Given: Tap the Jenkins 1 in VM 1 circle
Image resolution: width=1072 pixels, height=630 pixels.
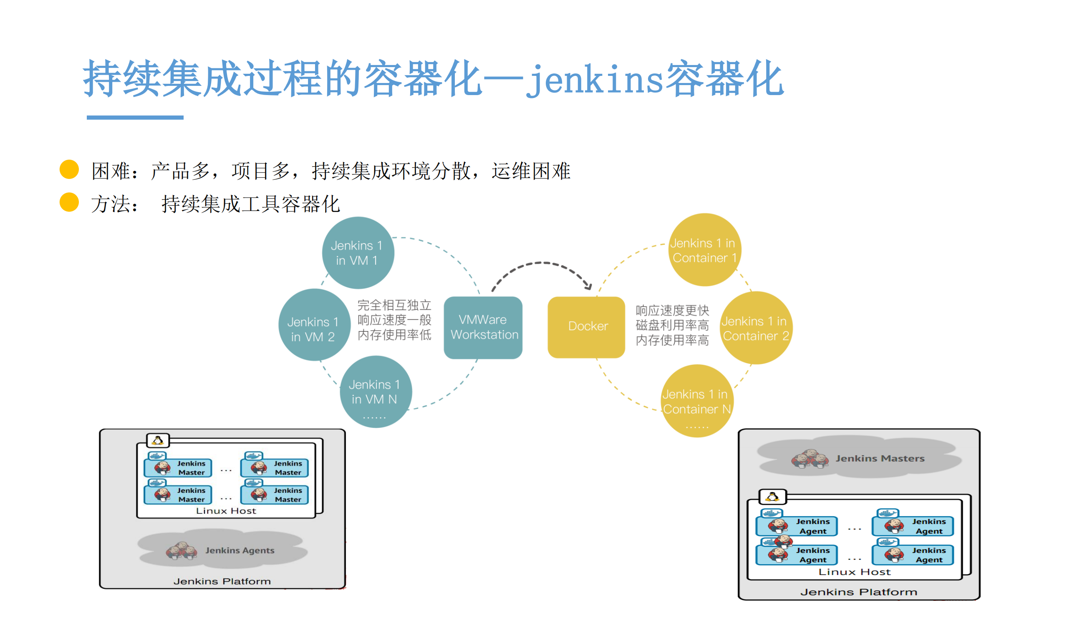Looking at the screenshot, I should tap(358, 253).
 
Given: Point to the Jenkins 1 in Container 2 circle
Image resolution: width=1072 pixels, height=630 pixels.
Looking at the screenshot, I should tap(756, 328).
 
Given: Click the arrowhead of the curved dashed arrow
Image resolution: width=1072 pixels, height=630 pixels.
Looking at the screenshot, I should tap(588, 286).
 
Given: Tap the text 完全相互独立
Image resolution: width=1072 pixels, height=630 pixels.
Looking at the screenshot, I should tap(394, 305).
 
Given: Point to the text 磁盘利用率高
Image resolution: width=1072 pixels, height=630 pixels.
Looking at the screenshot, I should tap(672, 325).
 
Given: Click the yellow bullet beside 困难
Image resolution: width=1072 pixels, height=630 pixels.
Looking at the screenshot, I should tap(69, 169).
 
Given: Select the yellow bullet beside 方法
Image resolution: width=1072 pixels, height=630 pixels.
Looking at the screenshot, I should tap(69, 202).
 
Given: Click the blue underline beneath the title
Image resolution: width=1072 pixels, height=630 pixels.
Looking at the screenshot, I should tap(135, 117).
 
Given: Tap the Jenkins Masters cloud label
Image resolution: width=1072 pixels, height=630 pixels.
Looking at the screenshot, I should tap(880, 458).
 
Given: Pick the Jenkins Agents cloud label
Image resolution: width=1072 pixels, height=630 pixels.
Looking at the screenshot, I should tap(240, 550).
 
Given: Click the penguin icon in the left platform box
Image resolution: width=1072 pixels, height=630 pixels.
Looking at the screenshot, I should tap(158, 440).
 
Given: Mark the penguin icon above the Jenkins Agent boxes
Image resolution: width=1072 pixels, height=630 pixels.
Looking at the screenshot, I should tap(772, 496).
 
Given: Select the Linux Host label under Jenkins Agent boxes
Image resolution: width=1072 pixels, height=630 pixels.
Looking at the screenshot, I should tap(854, 572).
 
